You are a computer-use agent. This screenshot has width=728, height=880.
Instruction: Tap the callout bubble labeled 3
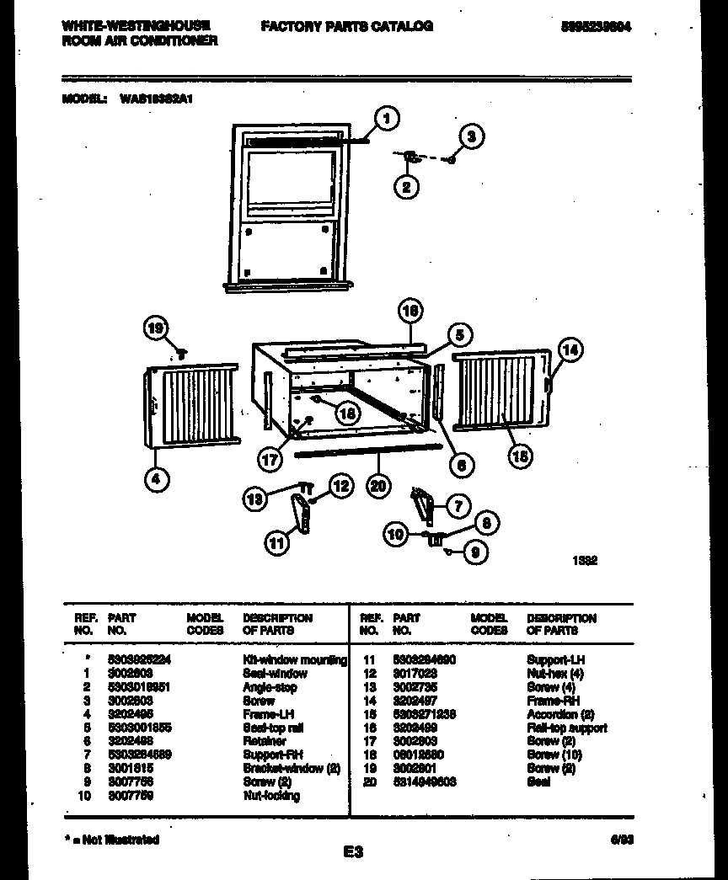pyautogui.click(x=472, y=136)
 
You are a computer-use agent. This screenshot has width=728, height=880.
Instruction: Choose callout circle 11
pyautogui.click(x=276, y=543)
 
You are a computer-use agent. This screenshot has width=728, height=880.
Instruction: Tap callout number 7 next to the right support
pyautogui.click(x=457, y=505)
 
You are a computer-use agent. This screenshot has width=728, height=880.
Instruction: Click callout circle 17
pyautogui.click(x=270, y=460)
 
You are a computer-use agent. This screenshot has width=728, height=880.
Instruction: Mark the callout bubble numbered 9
pyautogui.click(x=475, y=553)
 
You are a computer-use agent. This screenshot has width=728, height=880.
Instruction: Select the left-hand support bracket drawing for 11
pyautogui.click(x=302, y=514)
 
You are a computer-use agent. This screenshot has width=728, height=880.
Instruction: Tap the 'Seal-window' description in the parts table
pyautogui.click(x=275, y=674)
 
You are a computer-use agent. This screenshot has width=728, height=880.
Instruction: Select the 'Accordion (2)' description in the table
pyautogui.click(x=560, y=714)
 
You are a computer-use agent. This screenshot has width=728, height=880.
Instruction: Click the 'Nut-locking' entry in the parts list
pyautogui.click(x=270, y=796)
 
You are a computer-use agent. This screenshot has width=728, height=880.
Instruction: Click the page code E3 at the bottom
pyautogui.click(x=353, y=852)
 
